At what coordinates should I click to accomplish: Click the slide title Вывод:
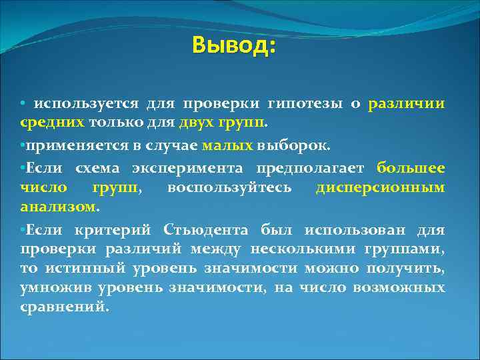[233, 46]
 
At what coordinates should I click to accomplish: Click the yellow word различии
[407, 104]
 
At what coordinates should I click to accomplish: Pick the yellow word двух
[195, 123]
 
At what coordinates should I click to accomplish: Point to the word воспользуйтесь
[229, 187]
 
